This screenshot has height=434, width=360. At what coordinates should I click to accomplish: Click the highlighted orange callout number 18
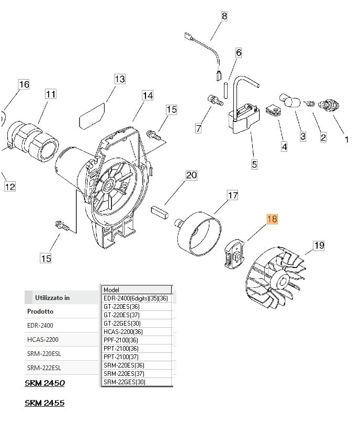pyautogui.click(x=272, y=219)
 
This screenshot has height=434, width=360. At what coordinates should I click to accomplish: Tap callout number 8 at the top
pyautogui.click(x=224, y=16)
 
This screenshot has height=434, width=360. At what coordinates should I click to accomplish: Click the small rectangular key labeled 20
pyautogui.click(x=159, y=212)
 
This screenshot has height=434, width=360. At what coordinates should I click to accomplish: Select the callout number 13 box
pyautogui.click(x=120, y=79)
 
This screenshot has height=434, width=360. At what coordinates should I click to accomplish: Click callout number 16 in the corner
pyautogui.click(x=24, y=84)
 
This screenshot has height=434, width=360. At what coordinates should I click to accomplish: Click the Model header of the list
pyautogui.click(x=137, y=290)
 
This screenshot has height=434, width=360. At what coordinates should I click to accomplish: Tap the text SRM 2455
pyautogui.click(x=44, y=403)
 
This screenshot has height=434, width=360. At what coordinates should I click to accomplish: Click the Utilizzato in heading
pyautogui.click(x=52, y=298)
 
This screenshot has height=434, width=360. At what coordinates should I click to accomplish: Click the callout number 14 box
pyautogui.click(x=148, y=95)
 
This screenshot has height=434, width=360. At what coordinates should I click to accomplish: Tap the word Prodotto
pyautogui.click(x=40, y=311)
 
